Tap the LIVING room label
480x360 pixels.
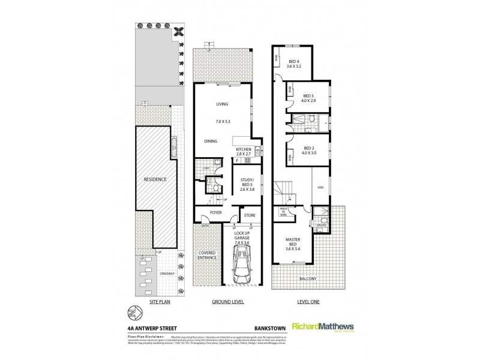tap(223, 104)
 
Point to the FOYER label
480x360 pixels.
tap(215, 212)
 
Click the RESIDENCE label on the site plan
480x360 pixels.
tap(154, 179)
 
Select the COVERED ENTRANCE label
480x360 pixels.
tap(208, 255)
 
